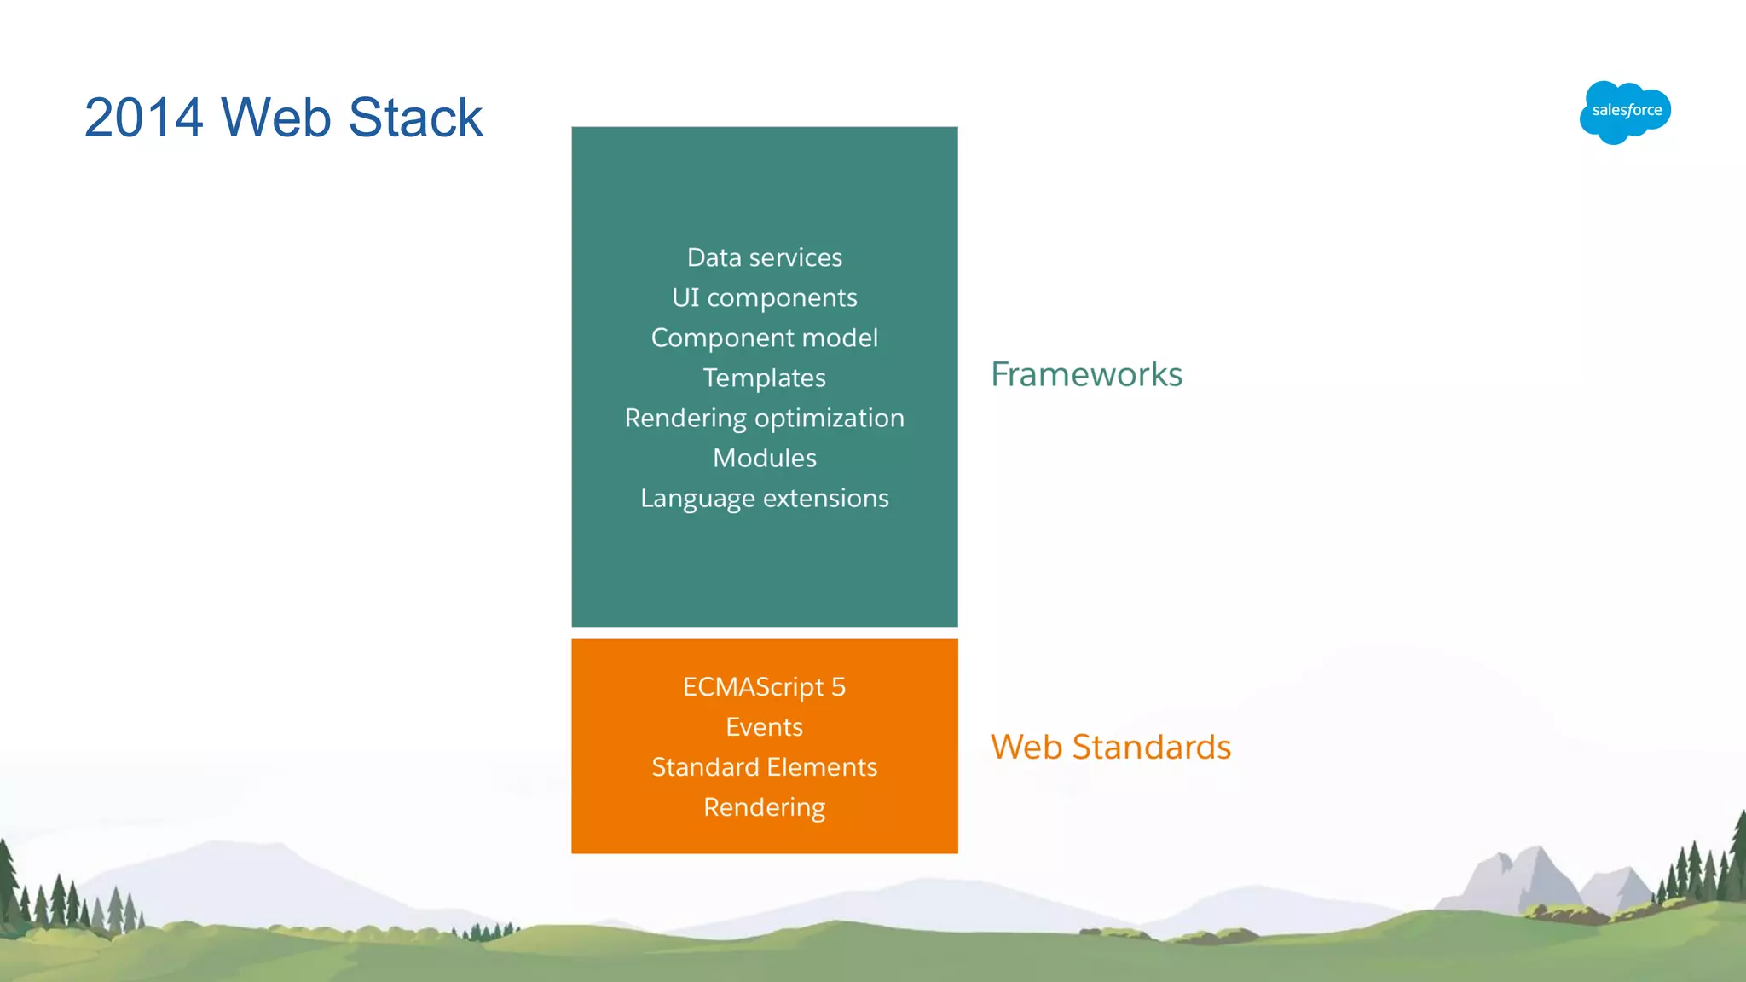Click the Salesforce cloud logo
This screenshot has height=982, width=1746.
[x=1625, y=112]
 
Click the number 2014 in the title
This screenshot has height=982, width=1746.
[x=143, y=118]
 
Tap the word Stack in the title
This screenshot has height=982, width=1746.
[x=415, y=118]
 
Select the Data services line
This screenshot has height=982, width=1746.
[x=764, y=257]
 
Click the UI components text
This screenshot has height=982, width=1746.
[x=764, y=297]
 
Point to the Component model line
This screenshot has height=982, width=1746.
[x=764, y=338]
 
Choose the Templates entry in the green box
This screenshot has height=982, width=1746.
[x=764, y=378]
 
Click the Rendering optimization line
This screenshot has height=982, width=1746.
[x=764, y=418]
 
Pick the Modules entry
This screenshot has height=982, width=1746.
[x=764, y=458]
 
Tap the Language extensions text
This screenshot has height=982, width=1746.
[x=764, y=498]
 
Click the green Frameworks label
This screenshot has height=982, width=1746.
[x=1086, y=375]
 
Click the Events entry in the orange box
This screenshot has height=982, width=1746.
[x=764, y=727]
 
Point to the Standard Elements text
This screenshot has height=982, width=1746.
[x=764, y=767]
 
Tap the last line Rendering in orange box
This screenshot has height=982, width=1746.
[x=764, y=807]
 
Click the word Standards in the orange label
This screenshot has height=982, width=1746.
[x=1151, y=748]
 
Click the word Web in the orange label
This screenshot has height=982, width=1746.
[x=1026, y=748]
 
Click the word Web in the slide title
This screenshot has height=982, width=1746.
[x=275, y=118]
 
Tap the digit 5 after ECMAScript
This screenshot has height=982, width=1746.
[x=838, y=687]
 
